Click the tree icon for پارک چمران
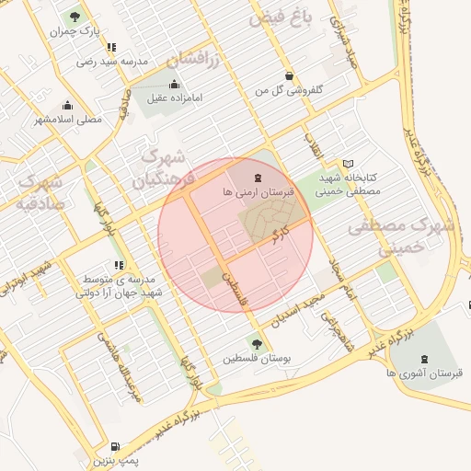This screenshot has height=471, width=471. coord(74,17)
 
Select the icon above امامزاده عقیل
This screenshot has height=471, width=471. coord(174,83)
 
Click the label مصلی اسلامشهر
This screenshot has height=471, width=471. coord(68,120)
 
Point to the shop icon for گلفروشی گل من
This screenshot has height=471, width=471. coord(290,76)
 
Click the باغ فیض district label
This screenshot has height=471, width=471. coord(283,17)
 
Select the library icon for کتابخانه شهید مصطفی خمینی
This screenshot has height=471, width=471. coord(348,163)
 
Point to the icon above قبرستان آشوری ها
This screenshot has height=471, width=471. coord(423,358)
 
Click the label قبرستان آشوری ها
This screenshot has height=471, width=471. coord(423,373)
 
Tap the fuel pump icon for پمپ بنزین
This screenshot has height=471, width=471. coord(114,446)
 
